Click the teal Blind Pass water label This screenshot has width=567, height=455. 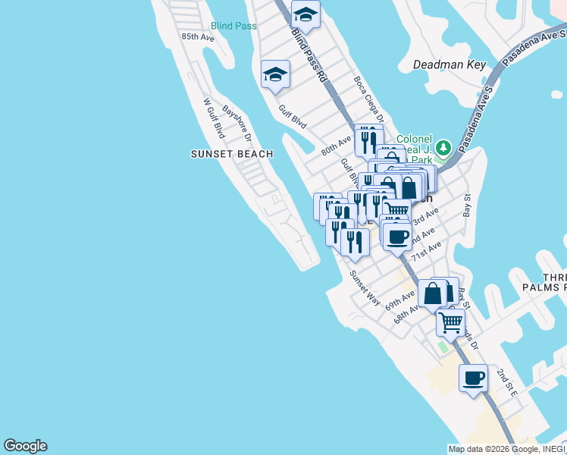click(233, 26)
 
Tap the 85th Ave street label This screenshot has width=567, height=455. click(197, 36)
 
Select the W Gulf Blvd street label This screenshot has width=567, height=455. click(214, 118)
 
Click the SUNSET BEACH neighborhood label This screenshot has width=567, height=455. click(231, 154)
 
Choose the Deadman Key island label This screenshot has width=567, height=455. click(449, 64)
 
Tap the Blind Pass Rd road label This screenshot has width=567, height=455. click(310, 55)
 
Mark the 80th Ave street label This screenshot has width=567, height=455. click(336, 144)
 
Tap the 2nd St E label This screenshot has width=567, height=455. click(506, 383)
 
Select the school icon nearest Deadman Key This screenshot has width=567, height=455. click(305, 14)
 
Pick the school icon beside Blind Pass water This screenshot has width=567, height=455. click(275, 74)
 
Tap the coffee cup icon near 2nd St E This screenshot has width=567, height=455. click(474, 378)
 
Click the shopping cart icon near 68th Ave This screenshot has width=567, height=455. click(451, 322)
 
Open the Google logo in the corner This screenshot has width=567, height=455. click(25, 446)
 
